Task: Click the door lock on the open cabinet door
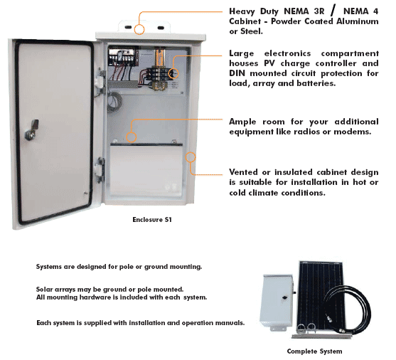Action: pos(32,130)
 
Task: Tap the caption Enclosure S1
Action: pos(152,219)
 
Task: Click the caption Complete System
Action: pos(314,351)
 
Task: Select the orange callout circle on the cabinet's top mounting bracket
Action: pos(139,29)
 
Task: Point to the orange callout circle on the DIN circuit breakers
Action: pos(173,73)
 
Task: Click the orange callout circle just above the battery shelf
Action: pos(132,137)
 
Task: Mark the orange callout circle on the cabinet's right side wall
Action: pos(191,157)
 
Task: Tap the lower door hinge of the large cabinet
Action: pos(100,169)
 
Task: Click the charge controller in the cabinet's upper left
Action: pos(123,58)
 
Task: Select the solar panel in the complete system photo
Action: pos(321,296)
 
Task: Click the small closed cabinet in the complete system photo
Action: pos(277,302)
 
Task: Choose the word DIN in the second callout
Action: pos(237,73)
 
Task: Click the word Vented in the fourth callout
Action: pos(243,172)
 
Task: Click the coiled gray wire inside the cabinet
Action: pos(114,102)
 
